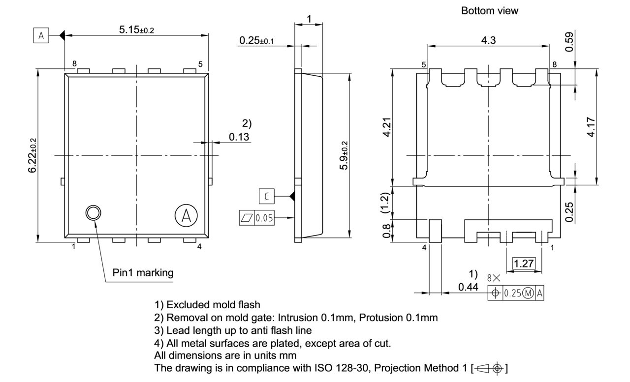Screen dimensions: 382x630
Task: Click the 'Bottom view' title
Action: click(489, 11)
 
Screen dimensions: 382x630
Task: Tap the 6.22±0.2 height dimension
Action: click(32, 155)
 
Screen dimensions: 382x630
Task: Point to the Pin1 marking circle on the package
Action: click(93, 213)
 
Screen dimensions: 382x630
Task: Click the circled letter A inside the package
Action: click(186, 215)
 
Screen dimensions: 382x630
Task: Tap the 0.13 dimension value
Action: click(239, 137)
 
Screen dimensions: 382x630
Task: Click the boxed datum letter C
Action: click(266, 197)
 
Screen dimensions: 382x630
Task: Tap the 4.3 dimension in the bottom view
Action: click(488, 40)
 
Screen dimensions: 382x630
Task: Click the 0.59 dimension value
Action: click(569, 42)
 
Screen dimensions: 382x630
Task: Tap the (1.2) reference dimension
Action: click(387, 202)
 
